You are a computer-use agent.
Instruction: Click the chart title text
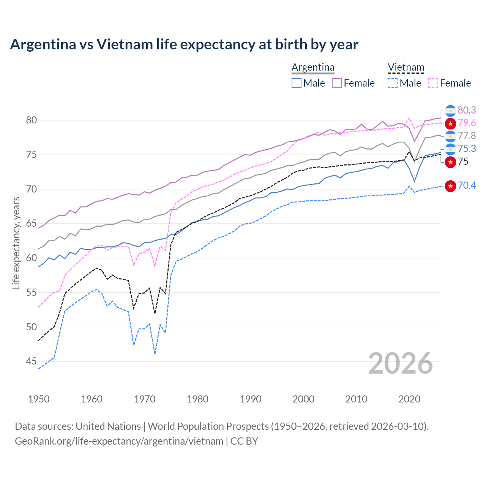184,44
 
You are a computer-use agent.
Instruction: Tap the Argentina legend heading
313,68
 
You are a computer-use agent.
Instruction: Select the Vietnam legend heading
406,68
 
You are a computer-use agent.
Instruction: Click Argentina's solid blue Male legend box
297,83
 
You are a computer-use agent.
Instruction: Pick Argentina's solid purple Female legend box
337,83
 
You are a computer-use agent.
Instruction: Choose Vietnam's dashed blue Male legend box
393,83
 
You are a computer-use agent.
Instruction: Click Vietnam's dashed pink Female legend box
433,83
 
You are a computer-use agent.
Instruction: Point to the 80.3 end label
467,110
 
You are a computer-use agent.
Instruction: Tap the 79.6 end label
467,123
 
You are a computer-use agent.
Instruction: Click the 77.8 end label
467,136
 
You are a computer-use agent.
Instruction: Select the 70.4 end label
467,185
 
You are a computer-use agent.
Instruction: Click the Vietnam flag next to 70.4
450,186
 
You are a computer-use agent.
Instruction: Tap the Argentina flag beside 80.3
450,110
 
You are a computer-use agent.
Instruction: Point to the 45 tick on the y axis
32,361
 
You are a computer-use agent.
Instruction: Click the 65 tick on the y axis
32,223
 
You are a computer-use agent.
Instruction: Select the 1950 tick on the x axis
39,399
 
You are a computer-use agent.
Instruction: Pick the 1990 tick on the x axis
251,399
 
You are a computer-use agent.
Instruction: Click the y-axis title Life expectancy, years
16,243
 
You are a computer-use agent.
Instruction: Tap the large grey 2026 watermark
400,363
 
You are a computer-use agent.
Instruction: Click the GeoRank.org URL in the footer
119,441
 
